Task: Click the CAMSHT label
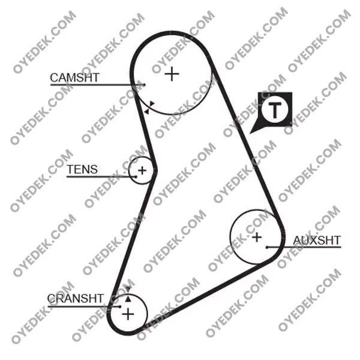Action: click(x=74, y=77)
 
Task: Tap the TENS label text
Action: click(x=82, y=169)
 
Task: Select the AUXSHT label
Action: click(x=317, y=241)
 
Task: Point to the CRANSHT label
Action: click(x=76, y=298)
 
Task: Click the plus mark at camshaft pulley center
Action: click(x=172, y=74)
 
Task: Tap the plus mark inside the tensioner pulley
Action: click(x=142, y=170)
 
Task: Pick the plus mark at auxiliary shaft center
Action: click(x=257, y=237)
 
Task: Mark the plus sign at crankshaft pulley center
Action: click(x=128, y=314)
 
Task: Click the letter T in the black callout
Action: click(x=275, y=110)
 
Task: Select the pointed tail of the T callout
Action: click(x=251, y=133)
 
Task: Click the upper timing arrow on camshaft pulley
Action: click(x=152, y=104)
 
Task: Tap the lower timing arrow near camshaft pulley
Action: click(x=146, y=112)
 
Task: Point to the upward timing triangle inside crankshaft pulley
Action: click(x=128, y=299)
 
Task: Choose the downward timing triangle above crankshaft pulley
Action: click(x=128, y=289)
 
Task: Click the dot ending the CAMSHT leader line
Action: click(x=144, y=85)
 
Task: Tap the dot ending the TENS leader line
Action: click(x=136, y=177)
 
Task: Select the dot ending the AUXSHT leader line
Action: click(x=267, y=247)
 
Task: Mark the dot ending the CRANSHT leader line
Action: click(x=120, y=307)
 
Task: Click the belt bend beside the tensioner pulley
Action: click(x=154, y=170)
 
